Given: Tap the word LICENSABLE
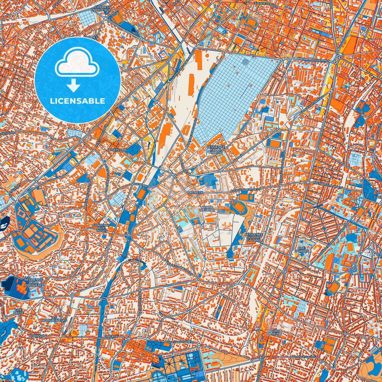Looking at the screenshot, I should click(x=77, y=101).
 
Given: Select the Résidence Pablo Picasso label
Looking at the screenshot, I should click(x=216, y=150).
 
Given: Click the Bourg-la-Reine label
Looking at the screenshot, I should click(x=274, y=332).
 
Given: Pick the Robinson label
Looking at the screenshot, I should click(x=37, y=336).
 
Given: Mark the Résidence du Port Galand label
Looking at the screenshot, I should click(x=254, y=237).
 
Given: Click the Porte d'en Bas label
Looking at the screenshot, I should click(x=208, y=208).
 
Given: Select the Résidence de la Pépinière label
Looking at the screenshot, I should click(x=33, y=283).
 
